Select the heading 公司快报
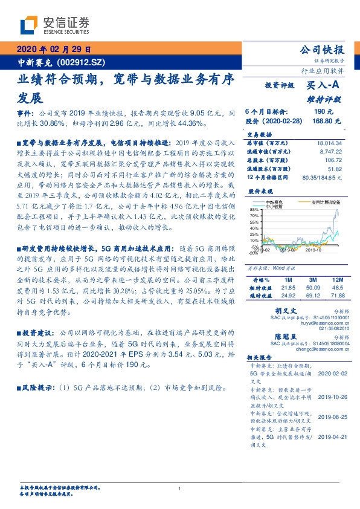point(322,50)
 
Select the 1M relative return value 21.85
point(288,288)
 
